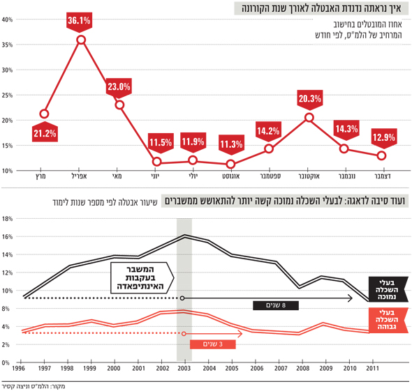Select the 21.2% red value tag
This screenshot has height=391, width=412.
tap(45, 132)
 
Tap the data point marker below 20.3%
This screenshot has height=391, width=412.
tap(309, 118)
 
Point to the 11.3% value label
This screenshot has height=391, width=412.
tap(231, 144)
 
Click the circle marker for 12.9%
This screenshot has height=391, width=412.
tap(381, 155)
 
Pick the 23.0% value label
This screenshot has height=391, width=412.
tap(119, 88)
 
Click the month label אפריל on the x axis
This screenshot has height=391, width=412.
tap(80, 176)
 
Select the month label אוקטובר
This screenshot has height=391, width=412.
tap(309, 176)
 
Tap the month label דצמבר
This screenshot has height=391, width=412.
tap(383, 176)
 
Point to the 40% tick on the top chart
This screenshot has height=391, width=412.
tap(7, 20)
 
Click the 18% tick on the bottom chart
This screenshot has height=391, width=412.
tap(7, 219)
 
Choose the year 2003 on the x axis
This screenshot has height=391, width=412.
tap(184, 369)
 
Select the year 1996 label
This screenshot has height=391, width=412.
tap(18, 369)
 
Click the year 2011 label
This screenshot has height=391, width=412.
tap(373, 369)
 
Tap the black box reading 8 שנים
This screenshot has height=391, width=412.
tap(276, 305)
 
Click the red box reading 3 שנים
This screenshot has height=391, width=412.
tap(212, 344)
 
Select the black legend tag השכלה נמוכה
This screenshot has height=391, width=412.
tap(388, 289)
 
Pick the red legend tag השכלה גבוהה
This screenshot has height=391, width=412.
tap(388, 320)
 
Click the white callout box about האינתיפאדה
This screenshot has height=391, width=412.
tap(142, 277)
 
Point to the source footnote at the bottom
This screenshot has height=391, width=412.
tap(34, 386)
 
